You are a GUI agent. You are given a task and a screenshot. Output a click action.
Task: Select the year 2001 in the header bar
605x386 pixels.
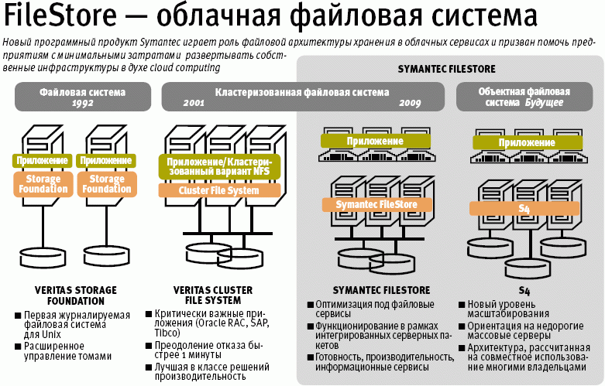(x=194, y=103)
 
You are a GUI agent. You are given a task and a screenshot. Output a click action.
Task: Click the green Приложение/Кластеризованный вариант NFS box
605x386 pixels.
(x=218, y=166)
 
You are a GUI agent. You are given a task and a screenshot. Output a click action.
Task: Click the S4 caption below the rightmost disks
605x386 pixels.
(x=514, y=273)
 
